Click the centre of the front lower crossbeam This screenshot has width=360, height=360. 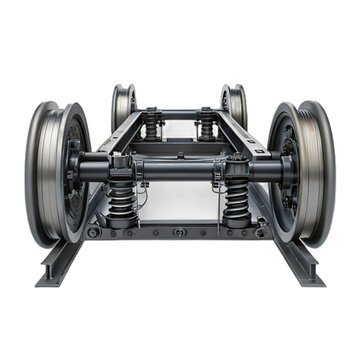(179, 229)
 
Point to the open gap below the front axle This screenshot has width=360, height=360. (179, 200)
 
